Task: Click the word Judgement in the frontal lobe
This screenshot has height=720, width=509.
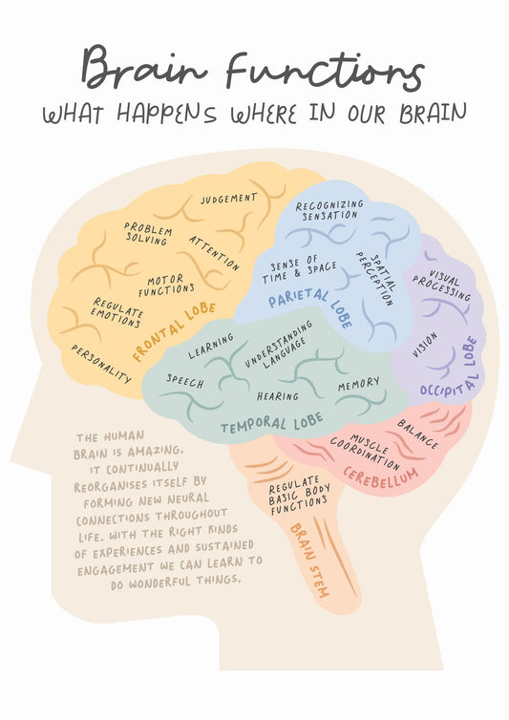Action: pyautogui.click(x=229, y=199)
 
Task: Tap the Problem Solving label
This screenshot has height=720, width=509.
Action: pyautogui.click(x=148, y=233)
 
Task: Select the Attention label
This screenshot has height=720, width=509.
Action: pyautogui.click(x=214, y=253)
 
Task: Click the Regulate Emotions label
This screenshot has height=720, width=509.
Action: pyautogui.click(x=117, y=312)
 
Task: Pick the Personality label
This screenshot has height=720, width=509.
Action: pyautogui.click(x=101, y=364)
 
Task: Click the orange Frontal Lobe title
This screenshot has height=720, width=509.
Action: pyautogui.click(x=174, y=331)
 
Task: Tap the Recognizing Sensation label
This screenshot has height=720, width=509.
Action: pyautogui.click(x=329, y=210)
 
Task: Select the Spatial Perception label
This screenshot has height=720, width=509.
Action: pyautogui.click(x=375, y=278)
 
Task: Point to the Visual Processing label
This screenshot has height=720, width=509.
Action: pyautogui.click(x=442, y=285)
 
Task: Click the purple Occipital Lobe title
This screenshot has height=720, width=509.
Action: pyautogui.click(x=449, y=368)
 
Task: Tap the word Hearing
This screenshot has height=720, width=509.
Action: pyautogui.click(x=278, y=396)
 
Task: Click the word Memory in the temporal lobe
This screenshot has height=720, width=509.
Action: pyautogui.click(x=359, y=384)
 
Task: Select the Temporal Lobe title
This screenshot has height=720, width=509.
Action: pyautogui.click(x=272, y=423)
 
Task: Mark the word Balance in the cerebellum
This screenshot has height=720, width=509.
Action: pyautogui.click(x=417, y=434)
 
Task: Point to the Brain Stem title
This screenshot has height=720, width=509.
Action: pyautogui.click(x=309, y=560)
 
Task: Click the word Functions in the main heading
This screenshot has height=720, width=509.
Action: pyautogui.click(x=325, y=72)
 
